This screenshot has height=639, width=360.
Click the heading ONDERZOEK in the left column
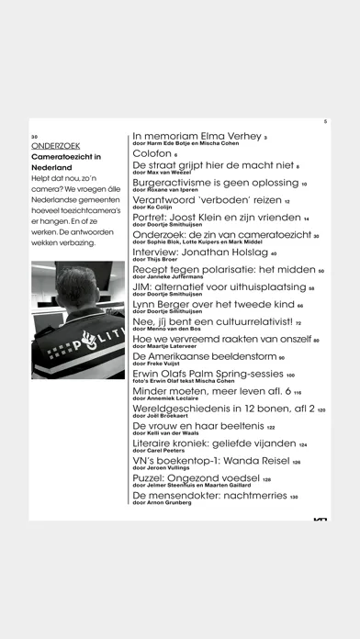coord(56,145)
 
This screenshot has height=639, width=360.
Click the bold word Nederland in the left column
coord(56,170)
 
